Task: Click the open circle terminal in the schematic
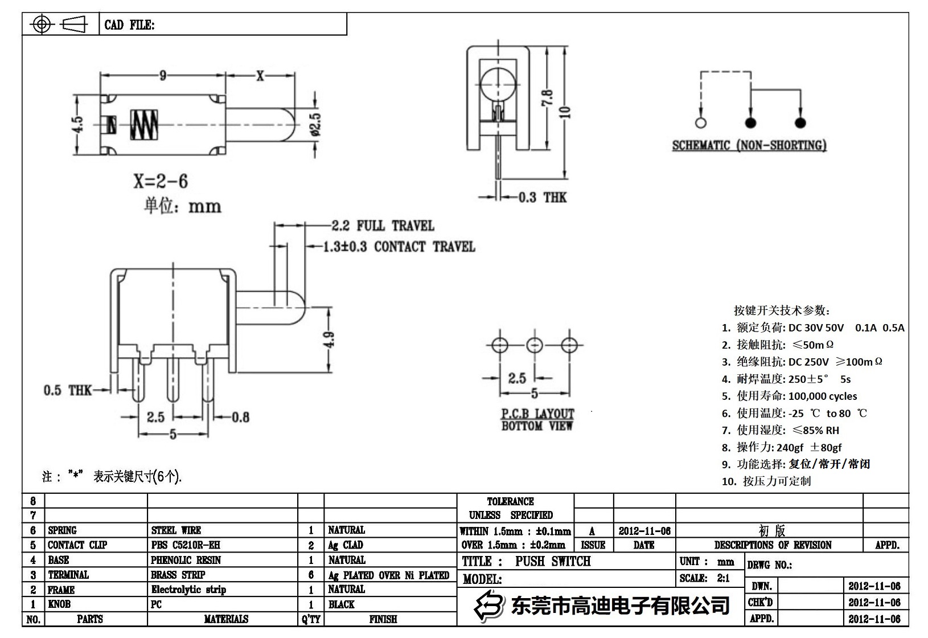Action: [701, 122]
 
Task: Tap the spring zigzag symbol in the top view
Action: [144, 125]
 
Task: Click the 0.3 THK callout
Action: [542, 198]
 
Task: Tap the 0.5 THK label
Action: [67, 390]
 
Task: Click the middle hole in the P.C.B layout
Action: [535, 345]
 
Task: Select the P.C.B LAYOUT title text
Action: [537, 414]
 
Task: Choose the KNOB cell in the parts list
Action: [59, 604]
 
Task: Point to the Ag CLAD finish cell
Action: [346, 545]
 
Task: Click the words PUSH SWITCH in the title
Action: [553, 562]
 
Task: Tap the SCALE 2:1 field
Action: [705, 578]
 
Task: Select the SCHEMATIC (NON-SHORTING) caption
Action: [749, 145]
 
